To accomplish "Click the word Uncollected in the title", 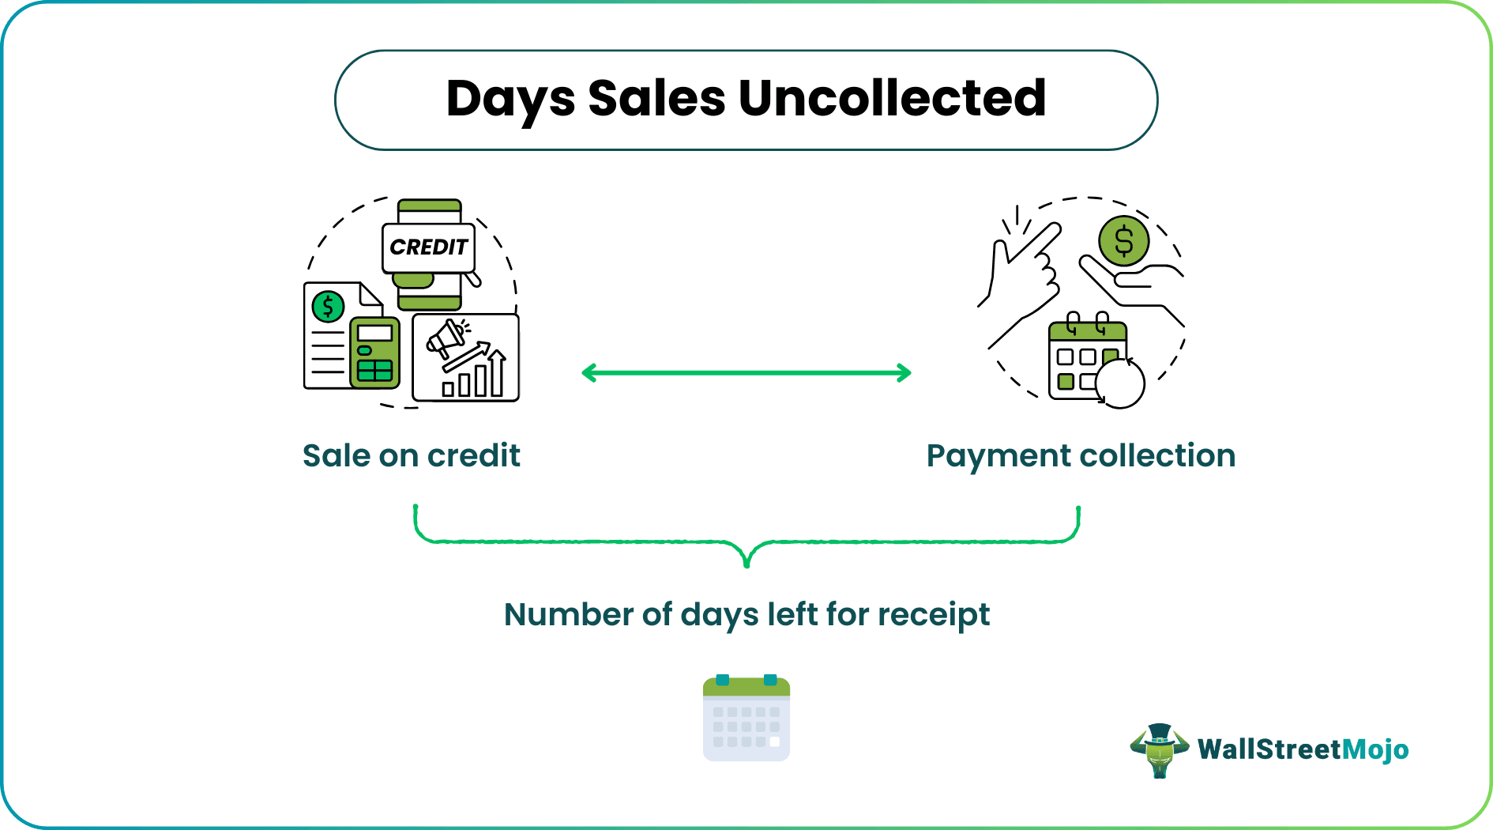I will click(892, 99).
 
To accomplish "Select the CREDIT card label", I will click(428, 247).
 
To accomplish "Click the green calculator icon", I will click(374, 353).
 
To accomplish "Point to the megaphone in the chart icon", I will click(446, 338).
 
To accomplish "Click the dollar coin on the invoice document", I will click(328, 306).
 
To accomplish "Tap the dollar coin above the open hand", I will click(1123, 241).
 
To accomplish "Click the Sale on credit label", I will click(411, 456).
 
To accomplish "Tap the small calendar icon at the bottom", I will click(746, 718).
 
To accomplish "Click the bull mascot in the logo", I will click(1159, 750).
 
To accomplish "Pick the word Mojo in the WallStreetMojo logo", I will click(1375, 749).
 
